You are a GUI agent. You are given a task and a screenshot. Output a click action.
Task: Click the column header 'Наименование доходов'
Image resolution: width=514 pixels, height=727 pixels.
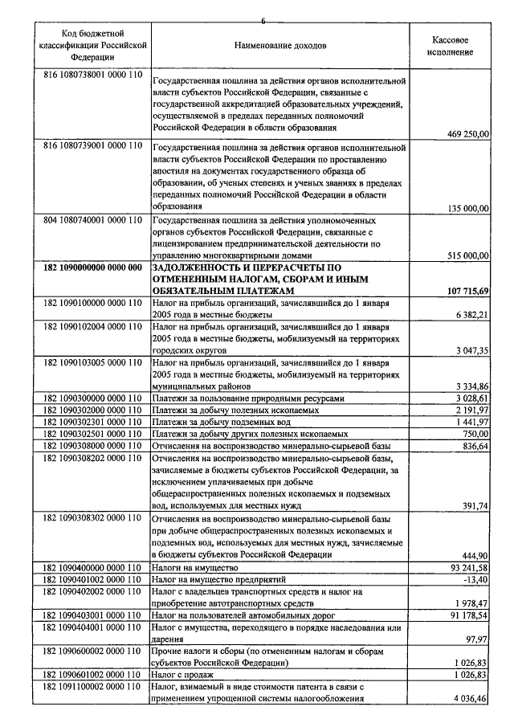279,46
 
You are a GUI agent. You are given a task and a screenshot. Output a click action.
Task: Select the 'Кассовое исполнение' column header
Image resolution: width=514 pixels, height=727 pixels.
450,46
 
